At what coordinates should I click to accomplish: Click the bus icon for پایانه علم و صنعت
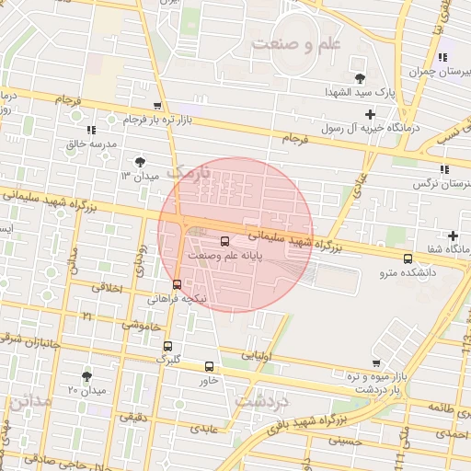tap(226, 241)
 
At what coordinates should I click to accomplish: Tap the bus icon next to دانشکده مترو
tap(408, 258)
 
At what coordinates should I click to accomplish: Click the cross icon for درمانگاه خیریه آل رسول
tap(370, 115)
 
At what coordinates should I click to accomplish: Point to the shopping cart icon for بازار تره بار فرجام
tap(157, 106)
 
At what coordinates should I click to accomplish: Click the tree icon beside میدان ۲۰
tap(87, 376)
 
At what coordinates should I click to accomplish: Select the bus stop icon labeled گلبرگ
tap(167, 346)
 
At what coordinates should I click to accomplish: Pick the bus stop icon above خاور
tap(210, 365)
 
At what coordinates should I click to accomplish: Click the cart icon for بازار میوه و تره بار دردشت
tap(375, 363)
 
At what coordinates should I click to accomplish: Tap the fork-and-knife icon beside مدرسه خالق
tap(90, 130)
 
